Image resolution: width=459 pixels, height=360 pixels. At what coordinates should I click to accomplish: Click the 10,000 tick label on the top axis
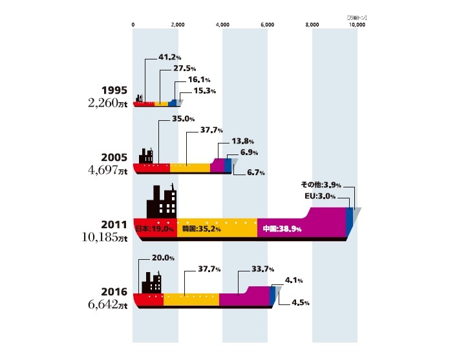[358, 25]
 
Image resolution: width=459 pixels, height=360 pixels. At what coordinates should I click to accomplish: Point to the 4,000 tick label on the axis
[222, 25]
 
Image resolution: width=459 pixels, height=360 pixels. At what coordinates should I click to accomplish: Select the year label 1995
[114, 91]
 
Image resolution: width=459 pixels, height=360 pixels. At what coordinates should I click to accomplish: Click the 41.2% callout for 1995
[169, 57]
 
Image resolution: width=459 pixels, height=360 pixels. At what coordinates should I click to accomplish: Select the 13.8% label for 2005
[244, 141]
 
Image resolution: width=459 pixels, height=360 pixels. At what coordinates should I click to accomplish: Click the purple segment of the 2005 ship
[217, 165]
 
